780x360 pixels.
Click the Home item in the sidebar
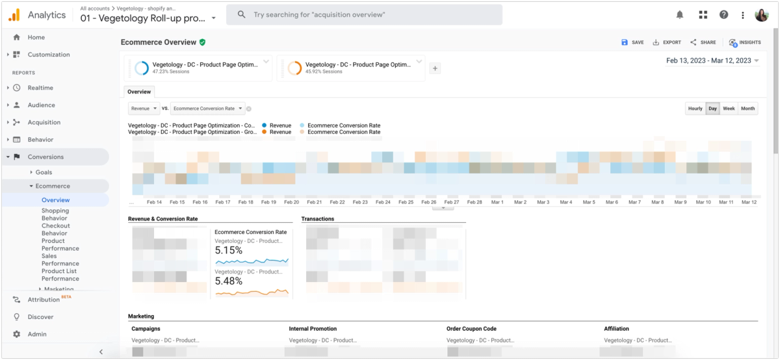click(x=36, y=38)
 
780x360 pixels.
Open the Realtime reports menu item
click(x=40, y=88)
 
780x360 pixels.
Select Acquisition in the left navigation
click(x=44, y=122)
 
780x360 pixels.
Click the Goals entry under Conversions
click(x=44, y=172)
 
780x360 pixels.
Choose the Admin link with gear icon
click(x=37, y=334)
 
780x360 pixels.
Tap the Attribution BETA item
click(x=44, y=300)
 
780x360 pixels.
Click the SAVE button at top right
click(x=632, y=42)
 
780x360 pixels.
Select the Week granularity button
click(x=729, y=109)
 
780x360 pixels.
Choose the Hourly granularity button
click(x=695, y=109)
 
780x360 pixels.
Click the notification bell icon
click(x=680, y=14)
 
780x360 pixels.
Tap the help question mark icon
click(x=723, y=14)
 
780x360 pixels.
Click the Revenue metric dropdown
click(x=143, y=109)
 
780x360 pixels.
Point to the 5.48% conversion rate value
click(x=229, y=281)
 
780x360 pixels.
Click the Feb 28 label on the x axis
click(x=474, y=202)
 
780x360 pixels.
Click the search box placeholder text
click(x=320, y=14)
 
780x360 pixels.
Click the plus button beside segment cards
click(x=435, y=68)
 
